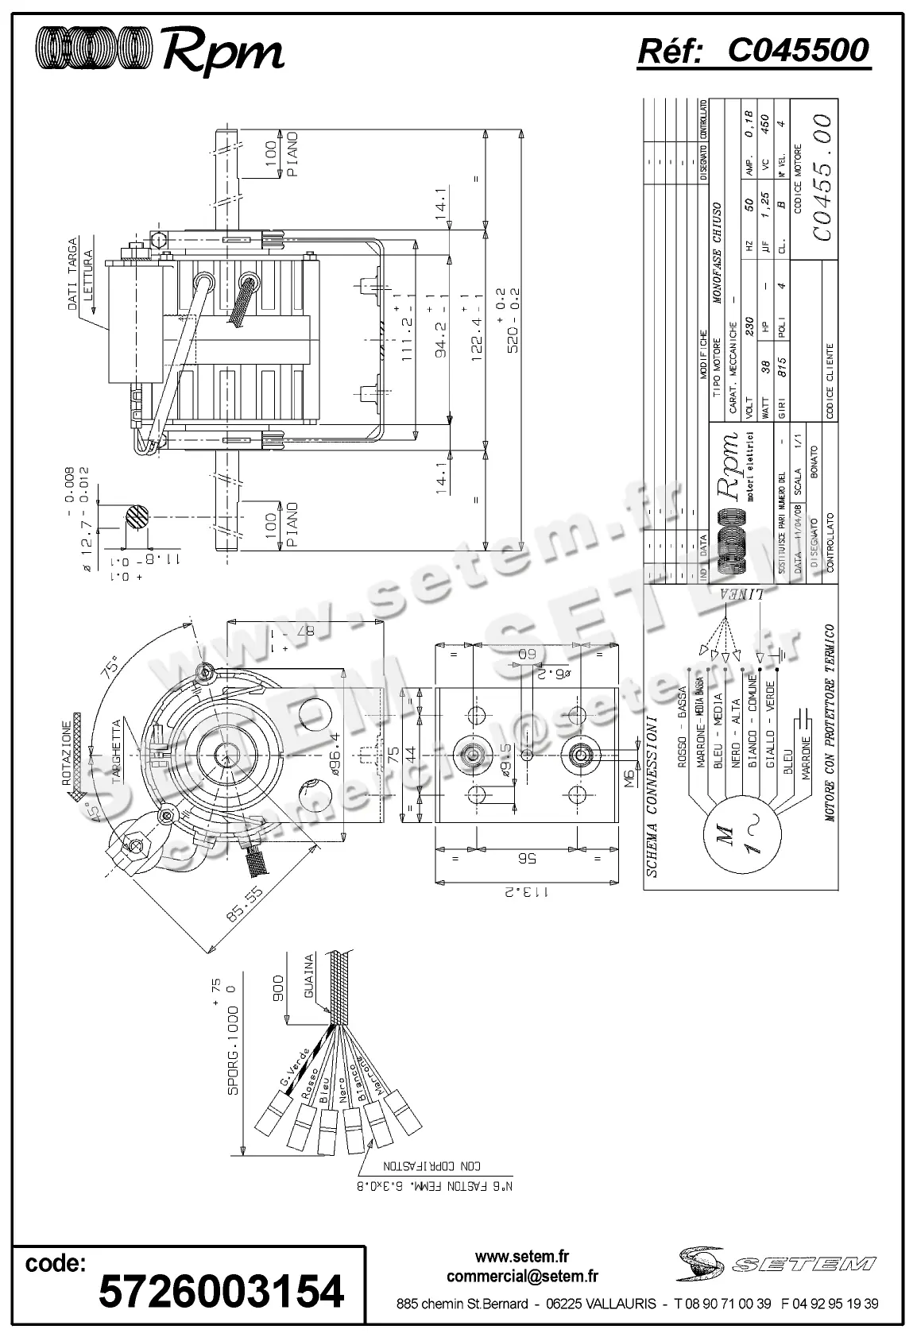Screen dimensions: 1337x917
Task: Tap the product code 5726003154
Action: (x=221, y=1291)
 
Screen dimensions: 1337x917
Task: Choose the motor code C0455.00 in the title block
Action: (x=822, y=176)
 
